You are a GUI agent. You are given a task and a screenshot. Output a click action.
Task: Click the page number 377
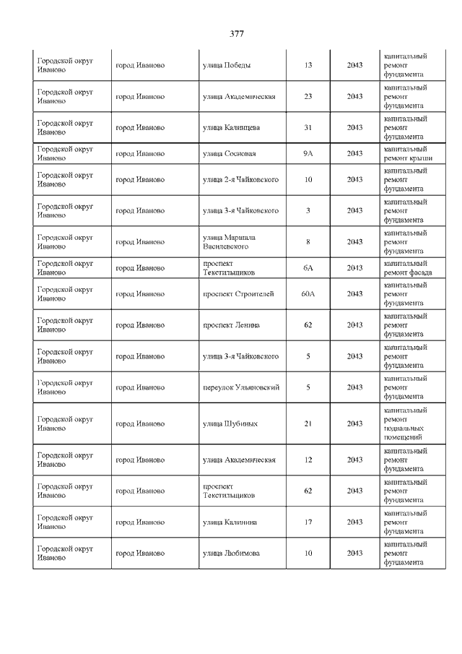[x=237, y=34]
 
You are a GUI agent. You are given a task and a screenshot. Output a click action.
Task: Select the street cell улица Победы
[x=227, y=65]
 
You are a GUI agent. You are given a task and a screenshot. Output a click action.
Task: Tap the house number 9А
[x=308, y=153]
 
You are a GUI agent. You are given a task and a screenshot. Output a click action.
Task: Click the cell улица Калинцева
[x=231, y=127]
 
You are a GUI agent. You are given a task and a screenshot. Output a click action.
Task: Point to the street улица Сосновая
[x=229, y=153]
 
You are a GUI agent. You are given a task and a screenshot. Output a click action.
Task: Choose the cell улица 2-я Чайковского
[x=240, y=179]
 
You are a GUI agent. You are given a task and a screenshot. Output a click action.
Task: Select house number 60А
[x=308, y=293]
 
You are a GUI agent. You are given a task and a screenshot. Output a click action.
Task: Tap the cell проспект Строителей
[x=238, y=293]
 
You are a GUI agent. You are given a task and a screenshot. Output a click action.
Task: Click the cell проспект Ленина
[x=231, y=325]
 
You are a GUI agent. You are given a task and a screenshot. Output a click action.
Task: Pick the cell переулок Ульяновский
[x=240, y=387]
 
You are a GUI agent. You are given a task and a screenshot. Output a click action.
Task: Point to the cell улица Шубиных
[x=230, y=423]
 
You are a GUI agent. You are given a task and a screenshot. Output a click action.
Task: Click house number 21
[x=308, y=423]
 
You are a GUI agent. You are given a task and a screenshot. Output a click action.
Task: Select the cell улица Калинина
[x=230, y=522]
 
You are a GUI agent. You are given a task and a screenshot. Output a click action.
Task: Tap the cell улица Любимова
[x=231, y=553]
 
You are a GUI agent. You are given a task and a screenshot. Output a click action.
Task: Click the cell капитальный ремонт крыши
[x=408, y=153]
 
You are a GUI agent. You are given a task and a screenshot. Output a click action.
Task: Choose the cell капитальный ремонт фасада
[x=408, y=267]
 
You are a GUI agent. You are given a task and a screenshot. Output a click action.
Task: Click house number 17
[x=308, y=522]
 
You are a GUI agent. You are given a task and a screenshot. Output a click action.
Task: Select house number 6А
[x=308, y=267]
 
